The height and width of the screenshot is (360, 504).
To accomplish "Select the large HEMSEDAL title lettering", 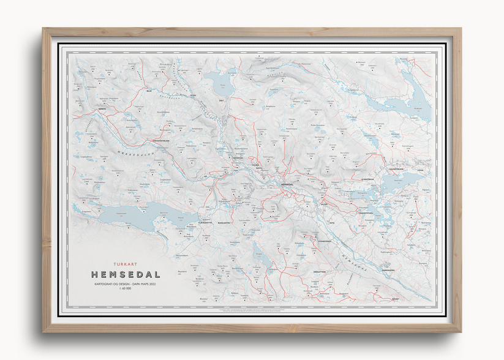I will pos(126,274).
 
